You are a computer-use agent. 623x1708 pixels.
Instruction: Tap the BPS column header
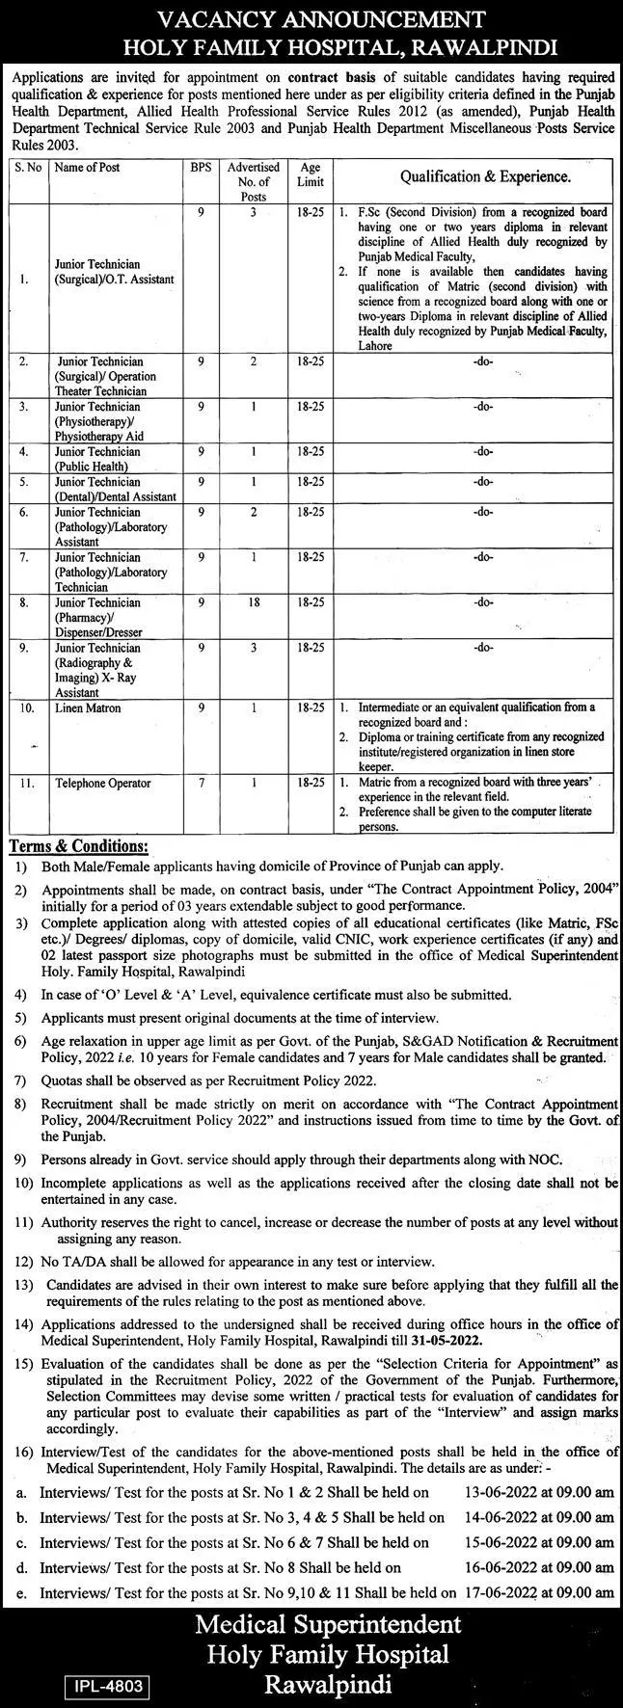(201, 168)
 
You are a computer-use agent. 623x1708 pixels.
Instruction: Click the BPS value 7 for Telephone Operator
(201, 784)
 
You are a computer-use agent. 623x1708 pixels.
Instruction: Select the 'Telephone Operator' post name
(103, 784)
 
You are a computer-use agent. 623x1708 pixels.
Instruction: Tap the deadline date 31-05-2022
(447, 1342)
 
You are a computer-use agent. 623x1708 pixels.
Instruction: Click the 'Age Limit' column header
(311, 174)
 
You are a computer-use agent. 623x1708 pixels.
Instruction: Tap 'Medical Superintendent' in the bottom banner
(329, 1624)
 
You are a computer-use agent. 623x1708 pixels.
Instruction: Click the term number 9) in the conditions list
(20, 1160)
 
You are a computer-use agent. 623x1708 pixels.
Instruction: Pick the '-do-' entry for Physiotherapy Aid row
(483, 408)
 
